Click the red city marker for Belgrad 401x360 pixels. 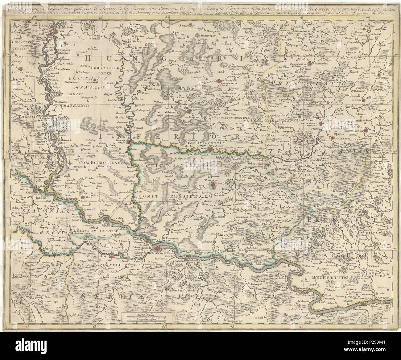(x=158, y=249)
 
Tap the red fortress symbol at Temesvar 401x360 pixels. (x=212, y=185)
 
